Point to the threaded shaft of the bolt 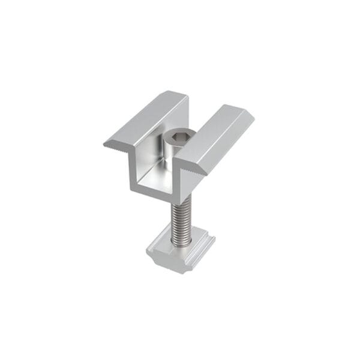179,219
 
